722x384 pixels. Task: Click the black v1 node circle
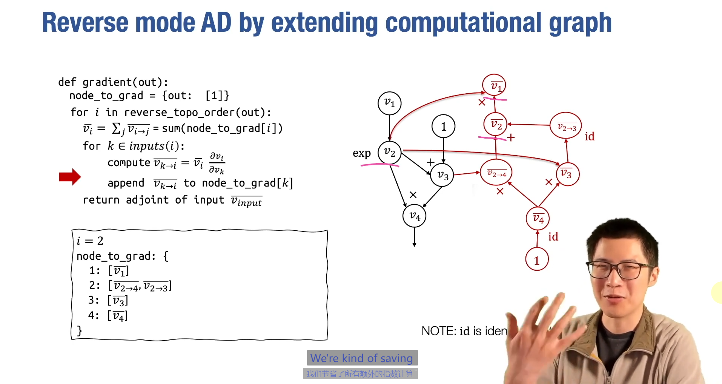389,103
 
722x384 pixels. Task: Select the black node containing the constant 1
443,126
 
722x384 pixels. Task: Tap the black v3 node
442,175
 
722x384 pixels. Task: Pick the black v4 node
414,216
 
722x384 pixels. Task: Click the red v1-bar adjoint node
494,85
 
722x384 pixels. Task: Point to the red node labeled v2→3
566,125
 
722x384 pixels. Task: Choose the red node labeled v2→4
496,173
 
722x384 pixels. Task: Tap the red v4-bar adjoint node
538,218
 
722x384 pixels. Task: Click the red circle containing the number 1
537,260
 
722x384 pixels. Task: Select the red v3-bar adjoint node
567,174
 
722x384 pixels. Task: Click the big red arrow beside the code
70,177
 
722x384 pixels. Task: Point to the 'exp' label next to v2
361,153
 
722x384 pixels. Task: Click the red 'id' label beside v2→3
589,136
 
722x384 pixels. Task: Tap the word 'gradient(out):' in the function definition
125,82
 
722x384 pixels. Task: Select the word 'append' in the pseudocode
126,183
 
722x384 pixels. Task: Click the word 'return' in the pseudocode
101,200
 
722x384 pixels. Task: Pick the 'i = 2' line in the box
90,241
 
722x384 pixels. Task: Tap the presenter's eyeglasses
619,270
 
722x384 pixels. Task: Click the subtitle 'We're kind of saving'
362,358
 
